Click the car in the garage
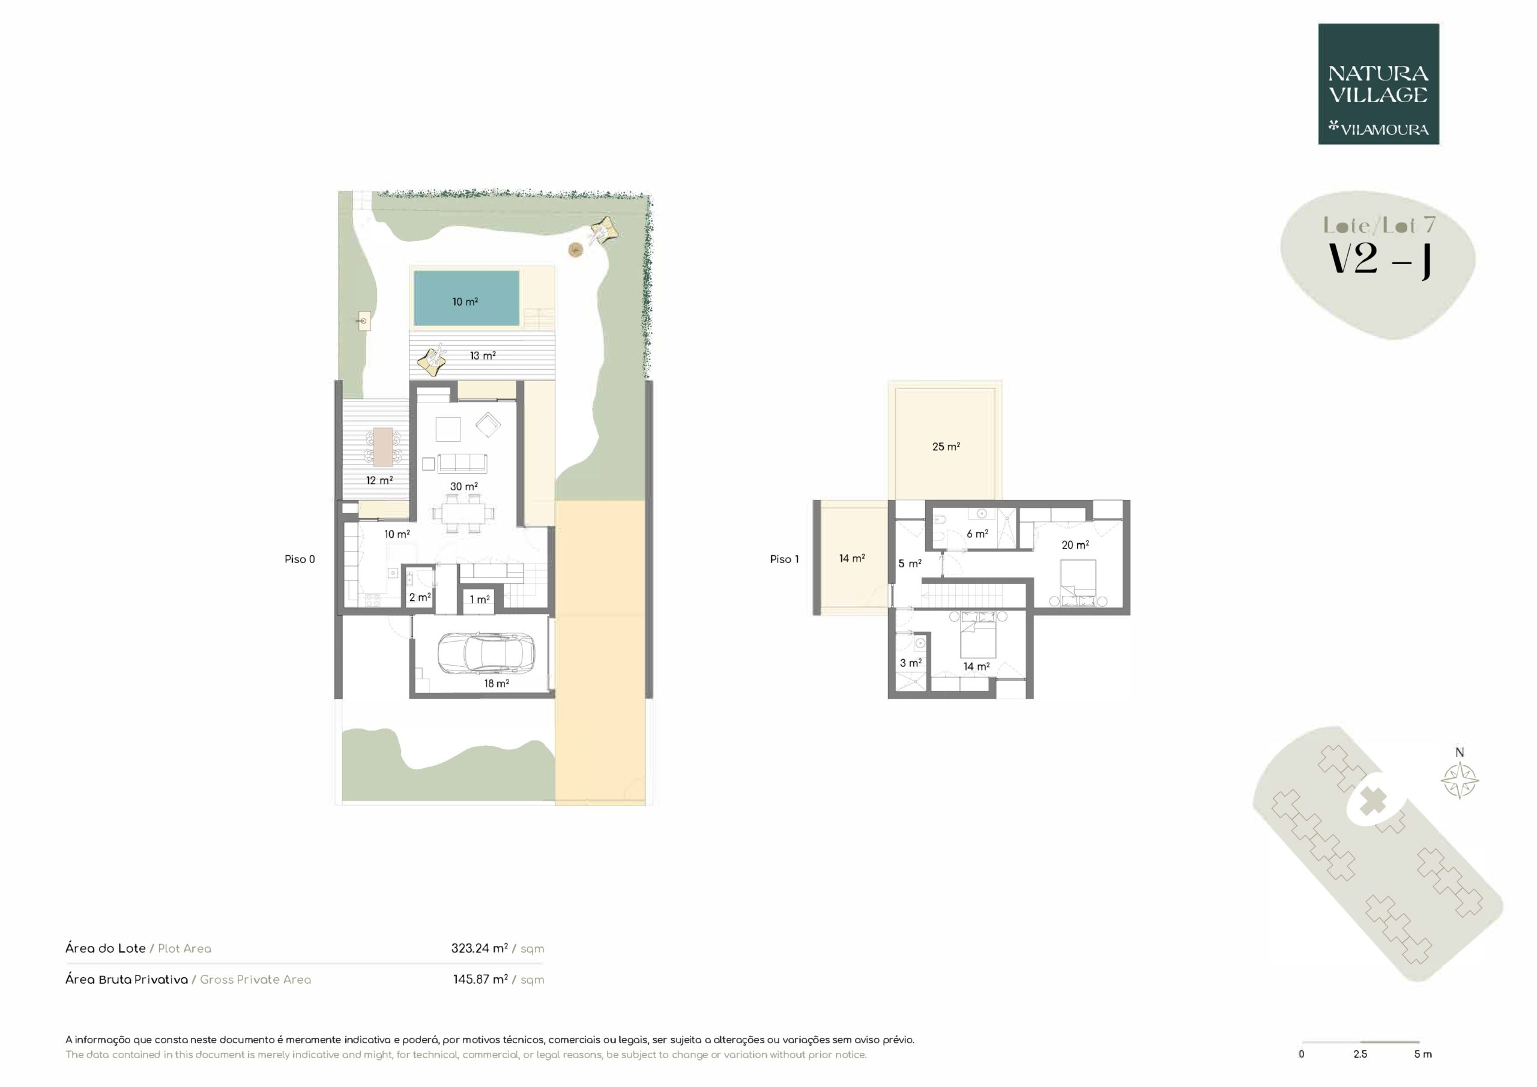click(486, 653)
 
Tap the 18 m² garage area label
click(497, 684)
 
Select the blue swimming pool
click(467, 298)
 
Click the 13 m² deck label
click(483, 355)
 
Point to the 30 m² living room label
click(464, 487)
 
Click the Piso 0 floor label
click(299, 559)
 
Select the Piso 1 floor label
click(784, 559)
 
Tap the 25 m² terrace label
click(946, 447)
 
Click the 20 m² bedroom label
click(1075, 545)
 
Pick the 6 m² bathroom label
click(977, 534)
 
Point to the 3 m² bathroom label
click(910, 663)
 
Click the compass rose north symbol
click(1460, 780)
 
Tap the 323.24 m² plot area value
click(479, 948)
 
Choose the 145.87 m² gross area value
click(481, 979)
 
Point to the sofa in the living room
click(462, 463)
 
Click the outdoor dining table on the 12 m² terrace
click(383, 447)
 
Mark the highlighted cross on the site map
click(1373, 801)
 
